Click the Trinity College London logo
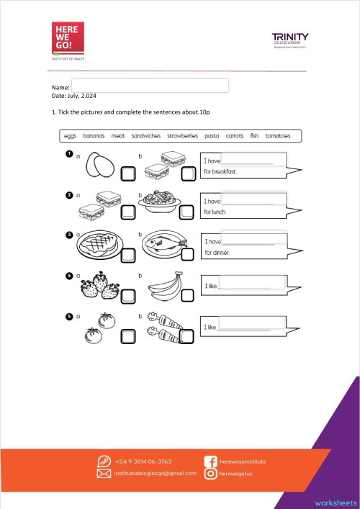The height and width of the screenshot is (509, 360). tap(290, 40)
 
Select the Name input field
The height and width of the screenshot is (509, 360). tap(150, 86)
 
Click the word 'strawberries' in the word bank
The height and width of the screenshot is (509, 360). tap(182, 135)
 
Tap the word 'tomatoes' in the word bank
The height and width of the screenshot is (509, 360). tap(277, 135)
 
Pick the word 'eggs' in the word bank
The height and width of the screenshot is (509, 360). tap(70, 135)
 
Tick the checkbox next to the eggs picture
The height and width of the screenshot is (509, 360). tap(127, 174)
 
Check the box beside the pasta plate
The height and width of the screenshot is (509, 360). tap(187, 212)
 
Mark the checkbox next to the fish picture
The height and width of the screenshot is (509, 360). tap(187, 253)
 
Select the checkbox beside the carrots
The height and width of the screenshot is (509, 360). tap(187, 335)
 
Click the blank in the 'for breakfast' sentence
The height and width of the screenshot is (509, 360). tap(247, 160)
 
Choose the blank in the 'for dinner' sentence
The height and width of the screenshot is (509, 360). tap(247, 240)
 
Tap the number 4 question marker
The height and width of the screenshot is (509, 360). tap(69, 275)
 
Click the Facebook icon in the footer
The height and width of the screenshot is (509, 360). tap(211, 461)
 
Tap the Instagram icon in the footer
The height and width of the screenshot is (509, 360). tap(211, 474)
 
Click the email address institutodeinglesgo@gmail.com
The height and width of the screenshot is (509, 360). tap(156, 474)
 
